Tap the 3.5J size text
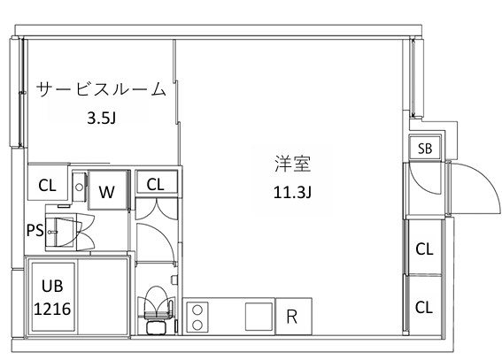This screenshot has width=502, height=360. tap(100, 117)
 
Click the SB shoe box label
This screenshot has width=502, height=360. tap(425, 149)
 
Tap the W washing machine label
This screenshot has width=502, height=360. tap(106, 190)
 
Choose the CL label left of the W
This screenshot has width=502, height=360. tap(47, 187)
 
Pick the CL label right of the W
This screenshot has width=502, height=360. tap(156, 184)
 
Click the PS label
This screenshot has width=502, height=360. tap(35, 231)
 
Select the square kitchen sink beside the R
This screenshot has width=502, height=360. tap(258, 316)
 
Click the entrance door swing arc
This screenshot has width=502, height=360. tap(474, 190)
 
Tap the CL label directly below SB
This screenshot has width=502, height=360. tap(424, 249)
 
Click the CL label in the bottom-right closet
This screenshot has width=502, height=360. tap(424, 307)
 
